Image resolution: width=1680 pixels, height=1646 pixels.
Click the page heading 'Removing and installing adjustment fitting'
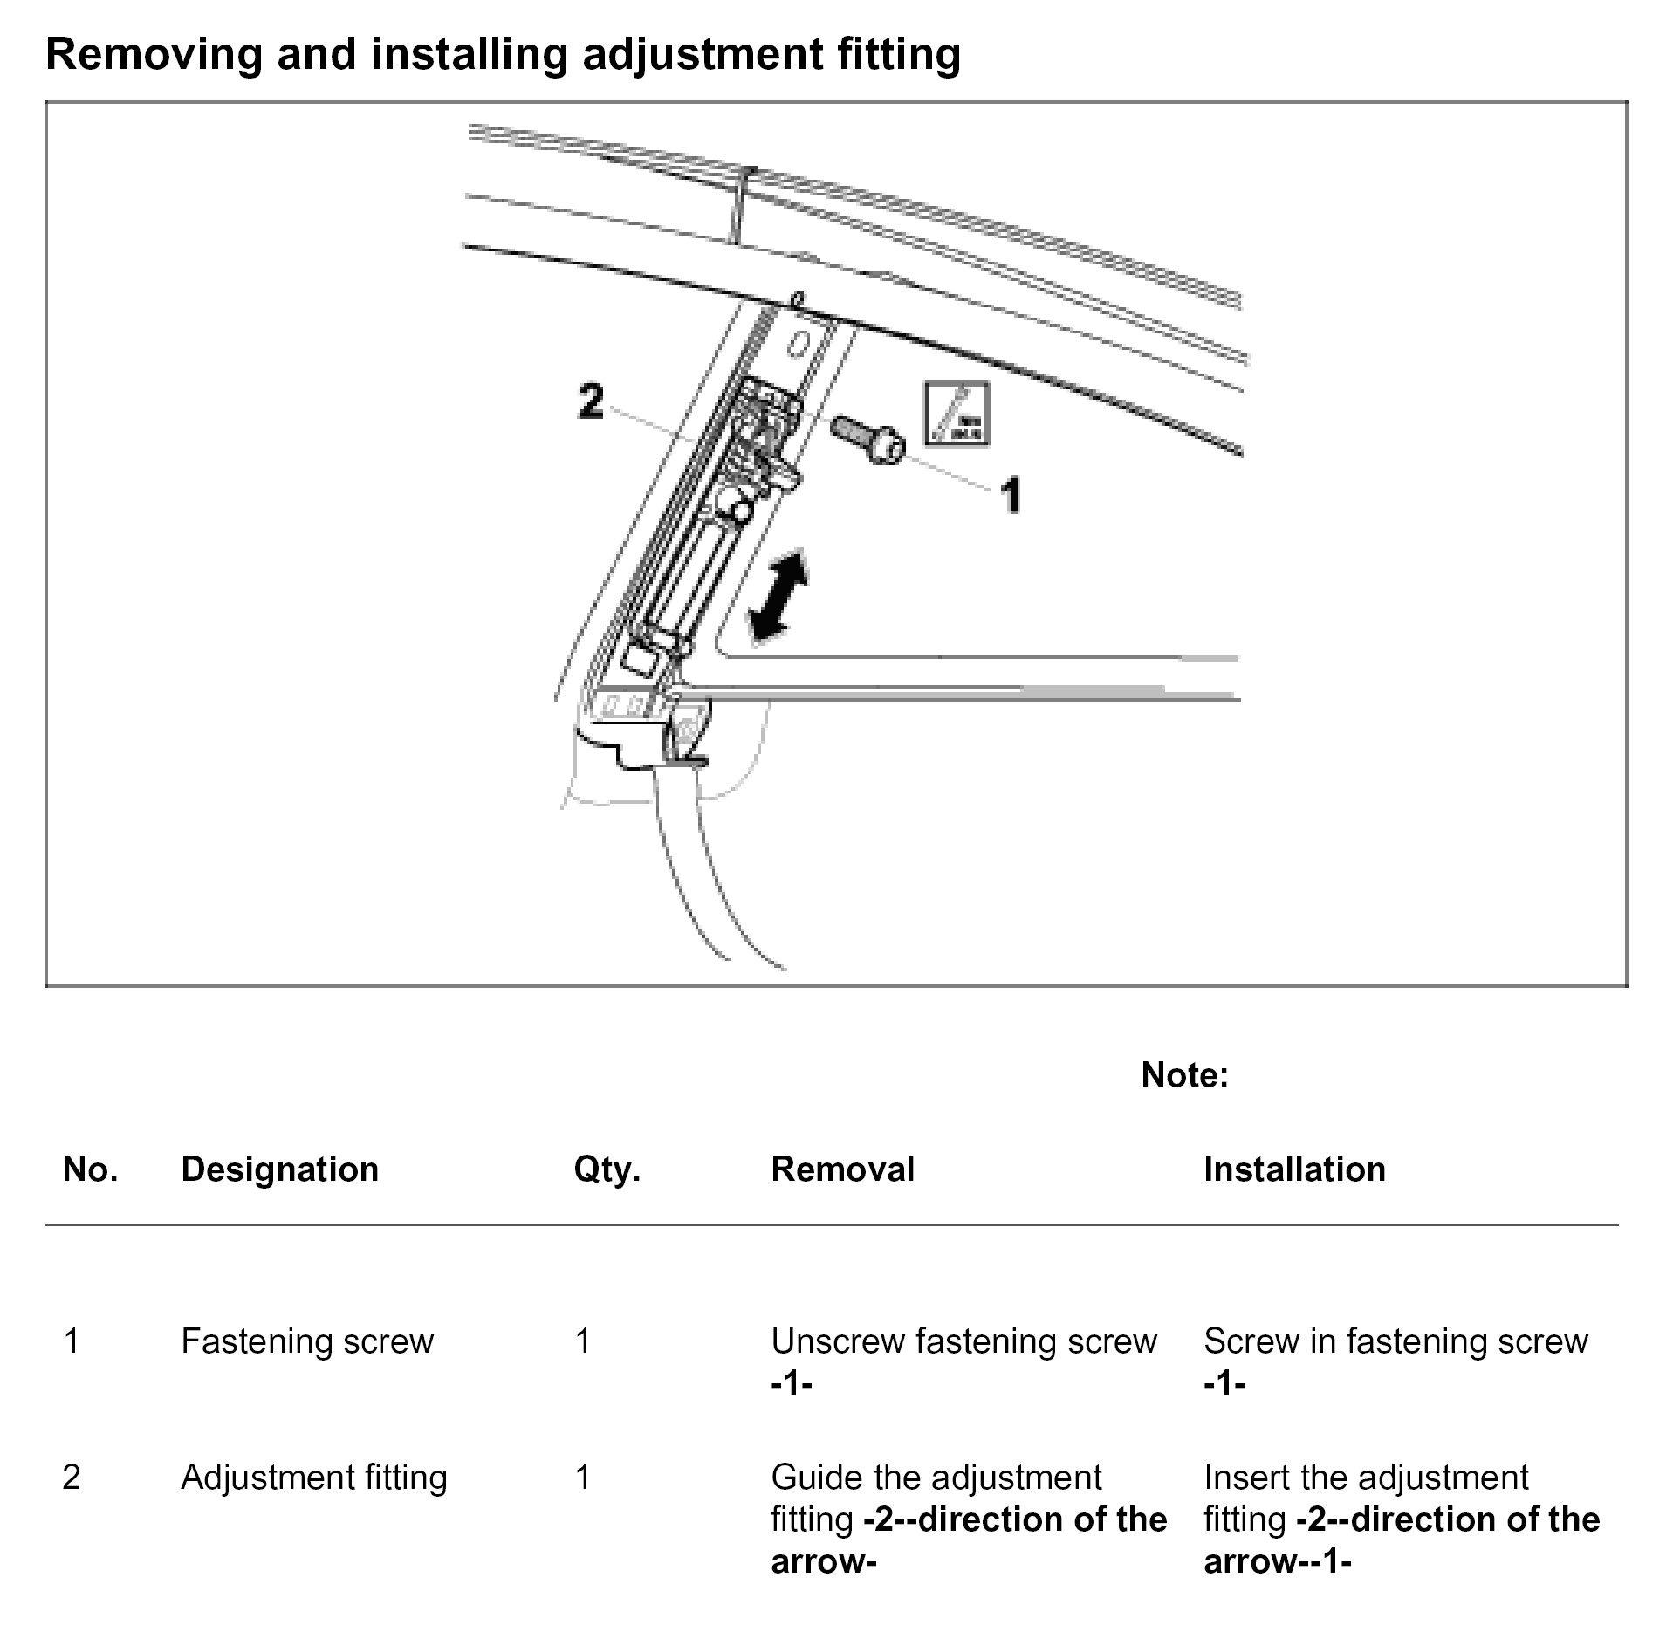503,54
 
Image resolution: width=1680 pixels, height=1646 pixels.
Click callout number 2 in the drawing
591,402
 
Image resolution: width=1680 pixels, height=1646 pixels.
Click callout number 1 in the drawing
1010,496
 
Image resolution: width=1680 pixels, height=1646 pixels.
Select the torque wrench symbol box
957,415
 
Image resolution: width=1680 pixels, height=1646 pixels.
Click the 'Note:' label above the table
1184,1075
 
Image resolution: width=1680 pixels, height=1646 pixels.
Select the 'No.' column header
90,1169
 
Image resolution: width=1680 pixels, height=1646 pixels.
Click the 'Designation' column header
279,1169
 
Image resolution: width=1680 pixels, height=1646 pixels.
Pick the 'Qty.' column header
607,1169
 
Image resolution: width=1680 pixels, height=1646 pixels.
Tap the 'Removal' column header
842,1169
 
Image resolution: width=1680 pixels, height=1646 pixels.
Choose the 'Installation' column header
1294,1169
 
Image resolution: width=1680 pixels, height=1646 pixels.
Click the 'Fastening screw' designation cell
307,1341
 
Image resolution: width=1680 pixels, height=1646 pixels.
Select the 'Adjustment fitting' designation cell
314,1478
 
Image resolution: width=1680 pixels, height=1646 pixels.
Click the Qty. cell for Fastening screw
583,1341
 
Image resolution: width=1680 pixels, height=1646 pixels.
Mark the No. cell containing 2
72,1478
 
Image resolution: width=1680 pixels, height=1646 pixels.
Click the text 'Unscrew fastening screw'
963,1341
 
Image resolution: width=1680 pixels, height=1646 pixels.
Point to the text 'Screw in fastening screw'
1395,1341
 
